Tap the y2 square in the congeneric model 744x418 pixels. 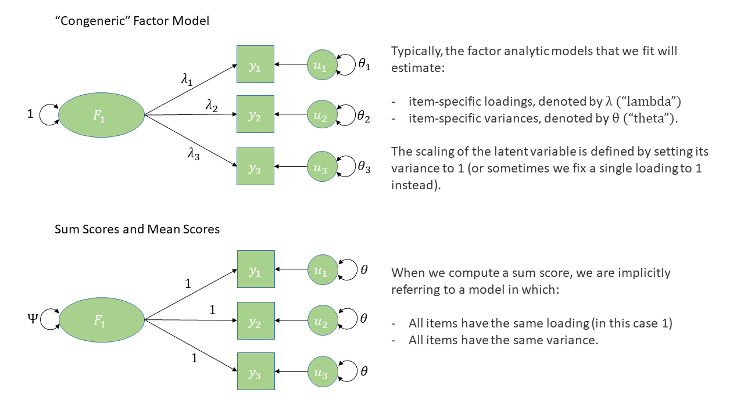255,115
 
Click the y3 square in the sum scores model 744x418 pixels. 255,371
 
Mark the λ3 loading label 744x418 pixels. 194,155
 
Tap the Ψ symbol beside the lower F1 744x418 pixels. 32,319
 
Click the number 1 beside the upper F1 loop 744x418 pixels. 31,114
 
